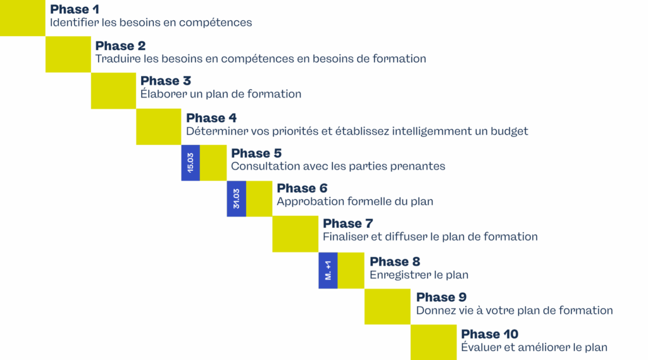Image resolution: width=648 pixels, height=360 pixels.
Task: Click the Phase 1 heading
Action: (x=75, y=9)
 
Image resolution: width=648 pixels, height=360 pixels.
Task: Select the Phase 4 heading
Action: (x=211, y=118)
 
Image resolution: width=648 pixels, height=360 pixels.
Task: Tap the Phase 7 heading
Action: (x=348, y=223)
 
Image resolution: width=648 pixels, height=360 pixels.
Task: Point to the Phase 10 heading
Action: (x=489, y=334)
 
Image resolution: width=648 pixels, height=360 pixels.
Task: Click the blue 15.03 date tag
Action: (x=190, y=163)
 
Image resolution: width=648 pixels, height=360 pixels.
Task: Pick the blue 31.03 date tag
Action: (x=236, y=199)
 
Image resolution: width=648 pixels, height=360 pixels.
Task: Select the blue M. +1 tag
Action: (x=328, y=270)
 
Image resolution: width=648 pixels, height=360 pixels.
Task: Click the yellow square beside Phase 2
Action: (x=68, y=54)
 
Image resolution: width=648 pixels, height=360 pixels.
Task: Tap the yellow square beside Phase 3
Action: (x=114, y=90)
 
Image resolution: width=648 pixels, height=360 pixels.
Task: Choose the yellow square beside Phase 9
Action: (x=387, y=306)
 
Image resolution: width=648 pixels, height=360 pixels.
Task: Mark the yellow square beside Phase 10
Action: (x=433, y=342)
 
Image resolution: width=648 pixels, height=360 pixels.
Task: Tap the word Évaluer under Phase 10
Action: (x=482, y=347)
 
